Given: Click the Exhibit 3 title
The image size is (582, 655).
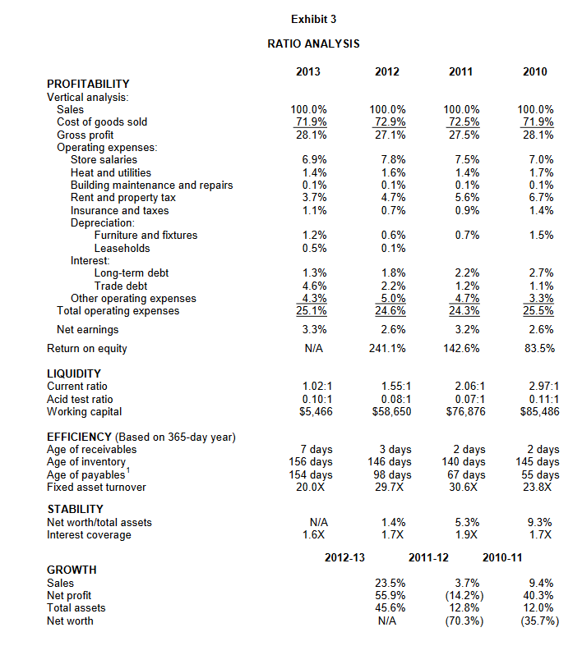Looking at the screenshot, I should [313, 19].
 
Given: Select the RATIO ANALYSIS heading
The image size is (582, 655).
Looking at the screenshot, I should [313, 44].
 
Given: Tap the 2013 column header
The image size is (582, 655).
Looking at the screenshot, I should [309, 72].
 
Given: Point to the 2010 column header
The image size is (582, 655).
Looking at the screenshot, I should [534, 72].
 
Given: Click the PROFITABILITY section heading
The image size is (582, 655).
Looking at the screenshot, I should [88, 84].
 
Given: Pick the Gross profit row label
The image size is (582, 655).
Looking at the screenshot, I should [85, 135].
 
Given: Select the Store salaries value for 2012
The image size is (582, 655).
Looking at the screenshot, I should [387, 160].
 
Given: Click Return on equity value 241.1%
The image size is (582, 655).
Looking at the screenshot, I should [385, 348].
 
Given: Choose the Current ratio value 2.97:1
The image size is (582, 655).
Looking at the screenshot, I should [539, 386].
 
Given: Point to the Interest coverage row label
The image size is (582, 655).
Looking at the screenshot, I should [89, 535].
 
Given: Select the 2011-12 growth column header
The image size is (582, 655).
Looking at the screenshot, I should [428, 558].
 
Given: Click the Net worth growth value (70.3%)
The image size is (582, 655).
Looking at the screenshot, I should [463, 621].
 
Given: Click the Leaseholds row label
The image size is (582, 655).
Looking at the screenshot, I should [122, 248].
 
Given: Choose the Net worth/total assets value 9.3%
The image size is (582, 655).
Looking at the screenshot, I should [539, 522].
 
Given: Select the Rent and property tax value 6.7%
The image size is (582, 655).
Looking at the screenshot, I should [539, 198].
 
